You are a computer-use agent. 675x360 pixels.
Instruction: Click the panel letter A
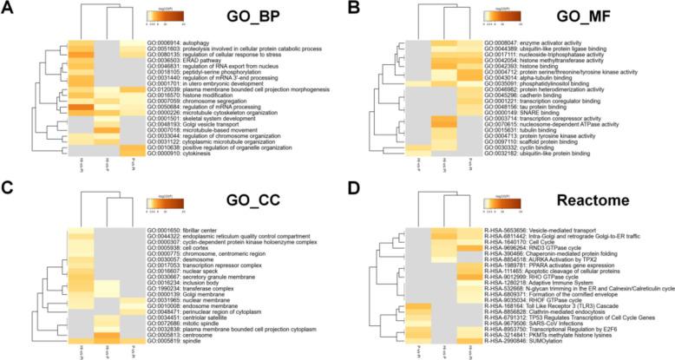[x=10, y=9]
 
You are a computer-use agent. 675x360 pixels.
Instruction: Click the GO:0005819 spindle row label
[x=174, y=336]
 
